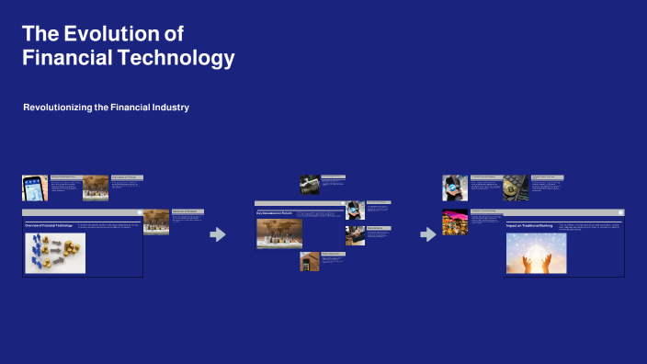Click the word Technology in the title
(180, 58)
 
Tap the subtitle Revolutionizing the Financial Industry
(106, 108)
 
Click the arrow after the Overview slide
(218, 234)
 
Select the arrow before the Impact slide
(427, 234)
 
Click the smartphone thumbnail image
(35, 188)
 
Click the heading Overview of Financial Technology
(49, 224)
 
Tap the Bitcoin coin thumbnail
(515, 188)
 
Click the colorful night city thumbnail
(455, 223)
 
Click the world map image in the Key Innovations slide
(278, 233)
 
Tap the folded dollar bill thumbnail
(310, 184)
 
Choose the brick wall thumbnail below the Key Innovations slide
(309, 261)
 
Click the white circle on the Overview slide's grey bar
(140, 212)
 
